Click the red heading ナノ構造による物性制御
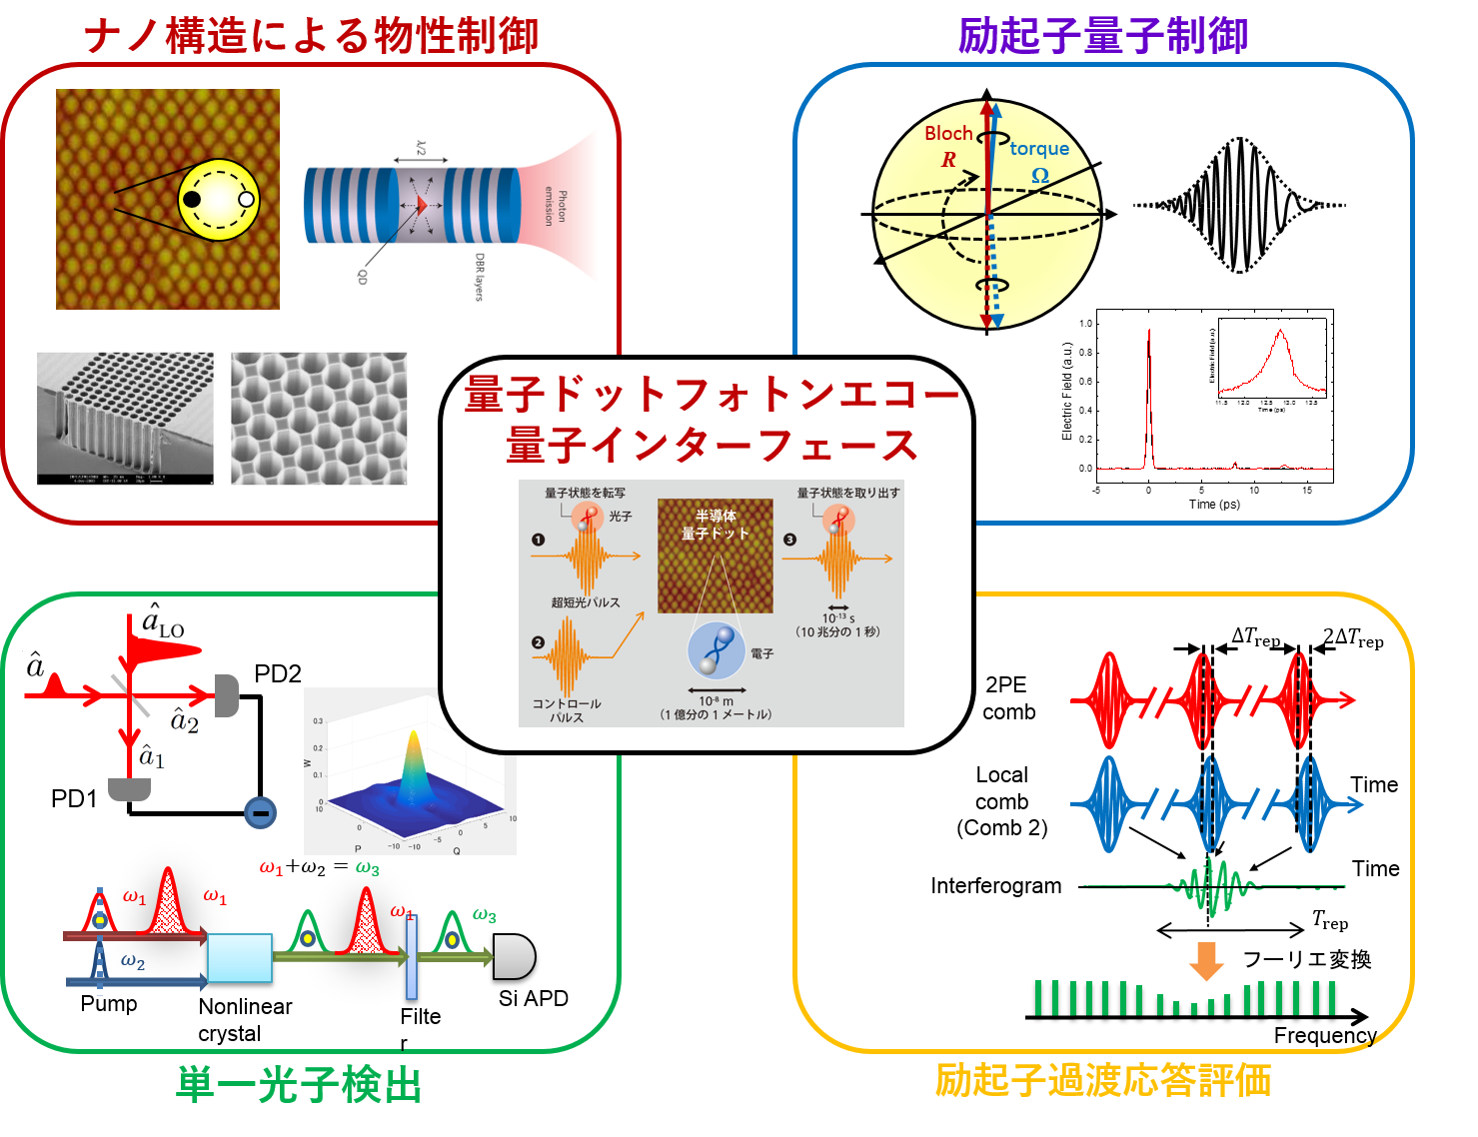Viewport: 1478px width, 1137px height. [x=311, y=37]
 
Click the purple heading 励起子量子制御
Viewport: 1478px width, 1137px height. [x=1102, y=37]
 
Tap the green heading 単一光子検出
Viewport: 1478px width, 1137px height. [x=298, y=1085]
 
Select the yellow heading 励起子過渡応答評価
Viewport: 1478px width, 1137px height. [x=1102, y=1081]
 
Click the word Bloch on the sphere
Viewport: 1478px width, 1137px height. [x=948, y=134]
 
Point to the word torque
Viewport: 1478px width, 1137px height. [x=1039, y=149]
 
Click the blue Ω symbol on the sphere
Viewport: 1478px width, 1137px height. [x=1040, y=176]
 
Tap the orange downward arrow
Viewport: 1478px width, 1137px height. [x=1206, y=961]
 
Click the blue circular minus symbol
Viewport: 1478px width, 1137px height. [x=260, y=813]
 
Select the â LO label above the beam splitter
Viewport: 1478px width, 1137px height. [x=162, y=620]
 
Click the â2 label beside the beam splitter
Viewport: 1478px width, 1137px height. [x=184, y=719]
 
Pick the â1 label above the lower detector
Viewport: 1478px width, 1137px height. [x=152, y=756]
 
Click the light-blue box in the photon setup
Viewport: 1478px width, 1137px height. [x=240, y=958]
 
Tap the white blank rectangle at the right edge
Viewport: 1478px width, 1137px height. [x=1407, y=314]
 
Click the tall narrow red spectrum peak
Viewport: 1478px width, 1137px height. [x=1149, y=400]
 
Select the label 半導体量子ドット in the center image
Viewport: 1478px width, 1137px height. [x=716, y=525]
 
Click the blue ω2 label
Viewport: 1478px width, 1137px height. [x=133, y=962]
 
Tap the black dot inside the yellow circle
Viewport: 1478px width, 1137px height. [x=192, y=199]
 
